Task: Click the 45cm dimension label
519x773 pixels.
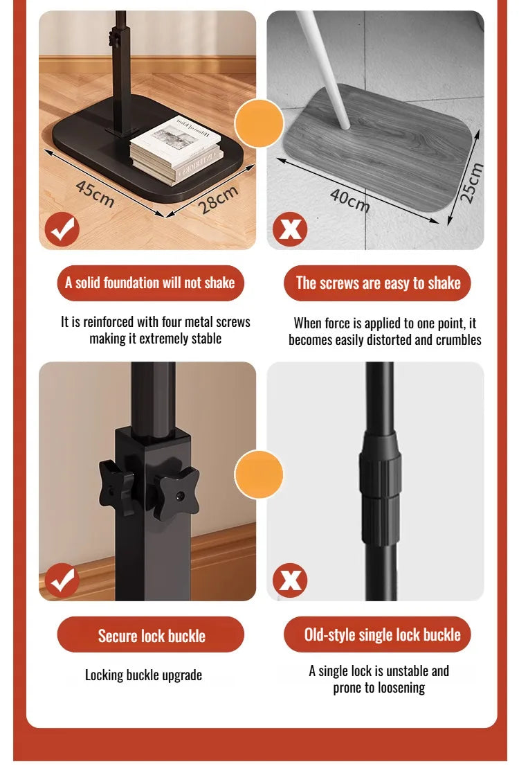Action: (95, 194)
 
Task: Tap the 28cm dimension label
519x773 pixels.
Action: (219, 199)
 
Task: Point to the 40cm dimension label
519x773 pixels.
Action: (350, 200)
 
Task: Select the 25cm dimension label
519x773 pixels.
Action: (471, 183)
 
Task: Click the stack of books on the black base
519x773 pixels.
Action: (176, 150)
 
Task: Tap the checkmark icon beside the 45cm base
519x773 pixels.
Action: (62, 229)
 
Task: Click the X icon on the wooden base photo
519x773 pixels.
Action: (290, 229)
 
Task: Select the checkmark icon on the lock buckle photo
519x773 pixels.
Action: (62, 580)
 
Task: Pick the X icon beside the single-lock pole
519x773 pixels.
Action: (290, 580)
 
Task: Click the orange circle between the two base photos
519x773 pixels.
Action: (259, 123)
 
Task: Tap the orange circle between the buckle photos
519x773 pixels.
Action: (259, 474)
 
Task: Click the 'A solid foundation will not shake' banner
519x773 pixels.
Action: (151, 283)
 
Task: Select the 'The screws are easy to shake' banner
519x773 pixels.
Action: (378, 283)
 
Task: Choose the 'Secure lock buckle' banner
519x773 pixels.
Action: (151, 634)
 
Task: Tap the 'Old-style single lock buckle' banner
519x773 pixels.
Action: (378, 634)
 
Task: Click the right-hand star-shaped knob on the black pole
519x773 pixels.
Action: (176, 495)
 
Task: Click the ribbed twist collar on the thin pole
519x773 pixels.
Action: (380, 488)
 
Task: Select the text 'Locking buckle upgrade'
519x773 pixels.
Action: (143, 675)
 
